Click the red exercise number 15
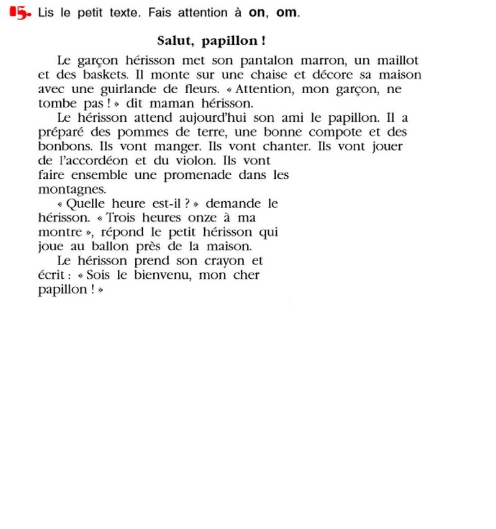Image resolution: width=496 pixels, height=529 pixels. [x=20, y=13]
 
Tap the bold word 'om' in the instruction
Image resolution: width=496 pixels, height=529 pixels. [x=287, y=13]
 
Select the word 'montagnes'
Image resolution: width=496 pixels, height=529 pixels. [x=72, y=189]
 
